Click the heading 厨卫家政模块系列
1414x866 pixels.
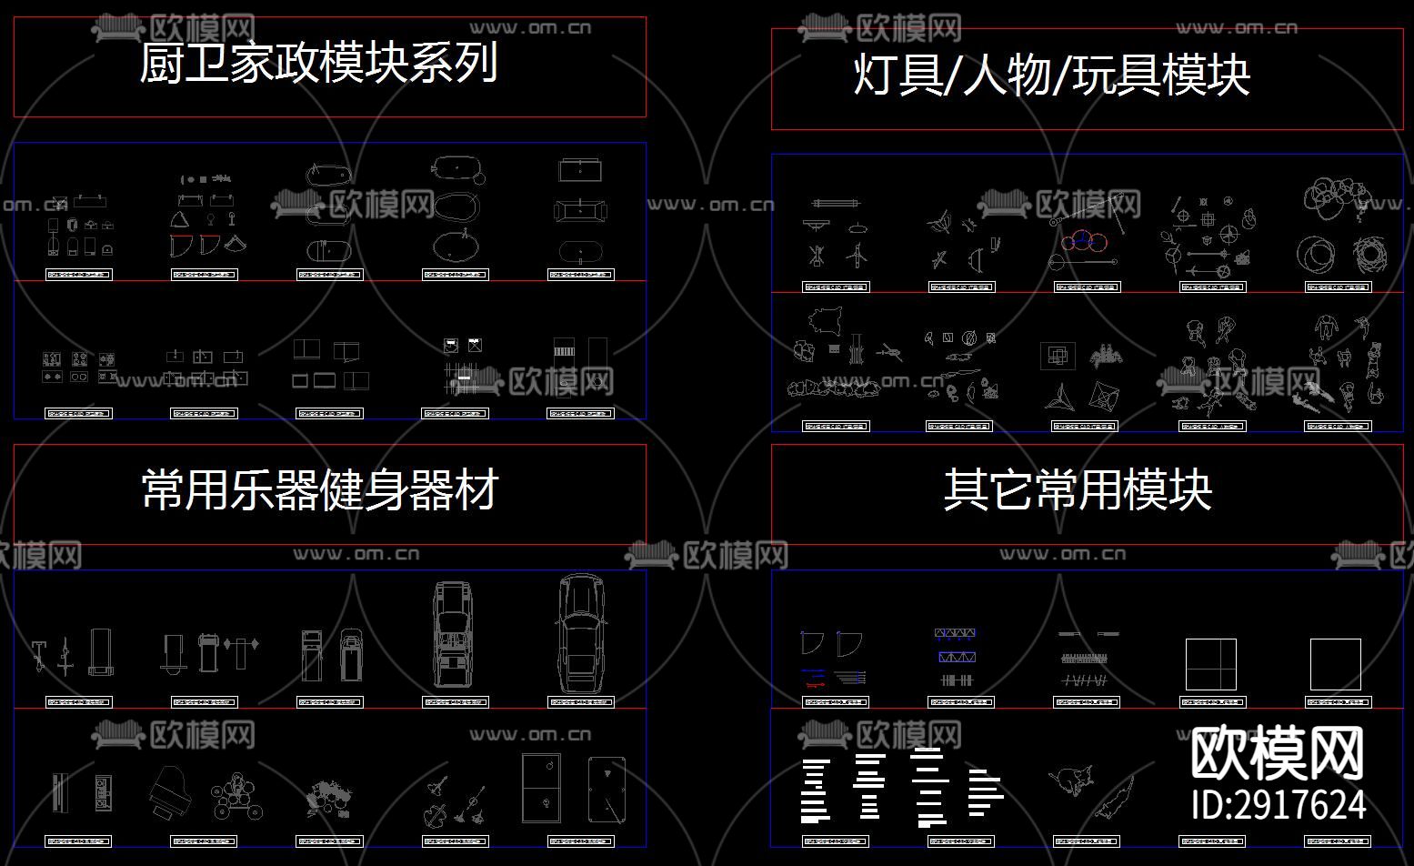(318, 64)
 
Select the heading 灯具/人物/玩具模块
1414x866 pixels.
(1051, 75)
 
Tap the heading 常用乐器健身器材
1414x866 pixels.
(320, 490)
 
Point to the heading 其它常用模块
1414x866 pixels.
(1078, 490)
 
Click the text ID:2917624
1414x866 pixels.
(1279, 805)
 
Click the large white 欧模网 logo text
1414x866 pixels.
(1277, 753)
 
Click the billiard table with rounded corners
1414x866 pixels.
(607, 789)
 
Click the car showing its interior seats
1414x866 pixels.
(454, 634)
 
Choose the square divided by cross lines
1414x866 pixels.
(1210, 664)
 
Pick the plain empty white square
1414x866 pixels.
(1335, 664)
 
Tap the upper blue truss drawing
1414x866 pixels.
(955, 633)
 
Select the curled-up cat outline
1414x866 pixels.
(1073, 780)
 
